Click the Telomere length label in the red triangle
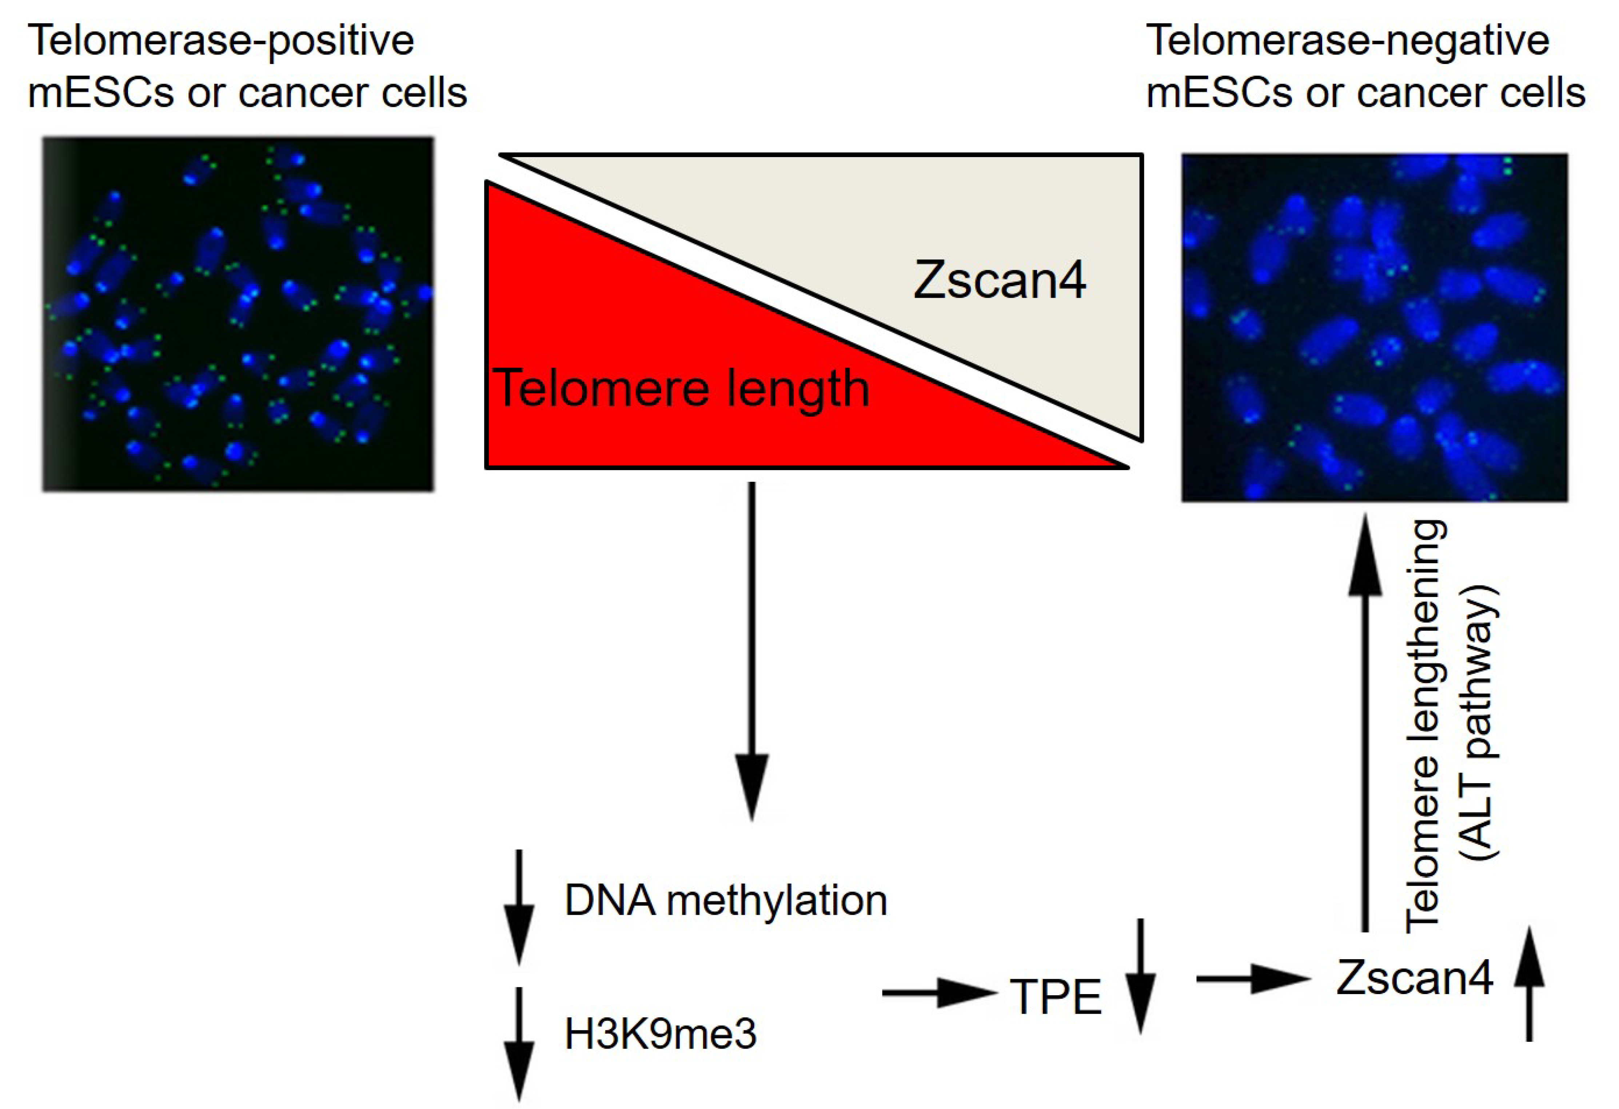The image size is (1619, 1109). [681, 388]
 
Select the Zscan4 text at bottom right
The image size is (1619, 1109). [1414, 977]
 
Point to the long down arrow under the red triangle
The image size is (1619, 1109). [752, 651]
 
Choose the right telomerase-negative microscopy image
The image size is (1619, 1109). [1374, 327]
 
